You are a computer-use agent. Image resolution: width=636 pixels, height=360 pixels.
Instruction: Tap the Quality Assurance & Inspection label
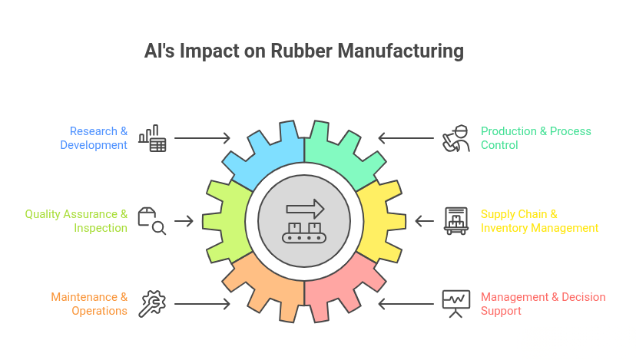pos(76,221)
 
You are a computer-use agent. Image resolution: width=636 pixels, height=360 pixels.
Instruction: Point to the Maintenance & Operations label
pos(89,304)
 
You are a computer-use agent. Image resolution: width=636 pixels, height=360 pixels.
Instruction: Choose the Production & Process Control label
pos(535,138)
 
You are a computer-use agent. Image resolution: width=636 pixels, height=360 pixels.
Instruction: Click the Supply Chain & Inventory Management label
pos(538,221)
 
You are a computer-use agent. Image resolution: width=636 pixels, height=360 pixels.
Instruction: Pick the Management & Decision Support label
pos(542,304)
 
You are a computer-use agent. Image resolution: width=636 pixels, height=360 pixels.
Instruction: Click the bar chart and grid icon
pos(152,138)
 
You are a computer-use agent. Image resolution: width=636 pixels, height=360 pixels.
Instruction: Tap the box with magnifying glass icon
pos(152,221)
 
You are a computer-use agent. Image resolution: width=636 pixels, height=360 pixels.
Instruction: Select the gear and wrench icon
pos(152,304)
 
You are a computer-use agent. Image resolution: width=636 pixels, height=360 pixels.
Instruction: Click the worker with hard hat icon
pos(456,138)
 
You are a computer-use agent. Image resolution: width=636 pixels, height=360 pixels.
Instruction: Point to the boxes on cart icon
pos(456,221)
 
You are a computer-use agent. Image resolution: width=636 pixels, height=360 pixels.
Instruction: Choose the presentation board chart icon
pos(456,304)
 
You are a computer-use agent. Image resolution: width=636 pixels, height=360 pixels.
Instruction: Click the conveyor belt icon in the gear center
pos(304,220)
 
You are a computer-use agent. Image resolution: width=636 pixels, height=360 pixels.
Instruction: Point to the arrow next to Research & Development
pos(202,138)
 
